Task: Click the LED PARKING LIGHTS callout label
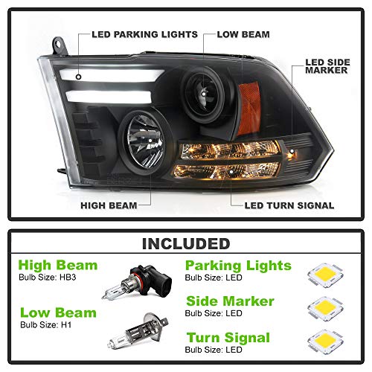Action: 144,34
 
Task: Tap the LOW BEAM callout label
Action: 243,34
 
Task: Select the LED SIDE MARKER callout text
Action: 327,66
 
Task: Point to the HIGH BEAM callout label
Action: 109,205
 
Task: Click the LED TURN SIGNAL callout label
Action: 289,205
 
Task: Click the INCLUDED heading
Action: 186,244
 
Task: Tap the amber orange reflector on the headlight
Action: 248,109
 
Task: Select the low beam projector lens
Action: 204,94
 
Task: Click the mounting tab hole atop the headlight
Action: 59,45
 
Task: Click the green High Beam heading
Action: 58,265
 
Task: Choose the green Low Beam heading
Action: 58,312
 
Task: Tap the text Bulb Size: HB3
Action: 48,278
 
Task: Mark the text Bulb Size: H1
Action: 46,324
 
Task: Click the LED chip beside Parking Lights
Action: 325,275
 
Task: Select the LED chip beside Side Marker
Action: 325,309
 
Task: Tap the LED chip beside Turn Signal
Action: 325,341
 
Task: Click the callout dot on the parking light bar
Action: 79,77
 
